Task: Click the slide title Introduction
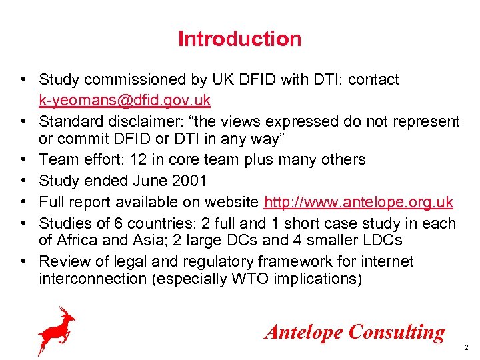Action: pyautogui.click(x=239, y=39)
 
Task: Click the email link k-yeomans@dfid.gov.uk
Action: pyautogui.click(x=125, y=101)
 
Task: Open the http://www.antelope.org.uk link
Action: pyautogui.click(x=359, y=201)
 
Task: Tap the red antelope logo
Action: pyautogui.click(x=56, y=330)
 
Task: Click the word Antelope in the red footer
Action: pyautogui.click(x=304, y=332)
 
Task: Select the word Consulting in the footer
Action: pyautogui.click(x=397, y=332)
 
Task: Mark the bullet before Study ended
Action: pyautogui.click(x=23, y=181)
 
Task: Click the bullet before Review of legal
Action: pyautogui.click(x=23, y=261)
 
